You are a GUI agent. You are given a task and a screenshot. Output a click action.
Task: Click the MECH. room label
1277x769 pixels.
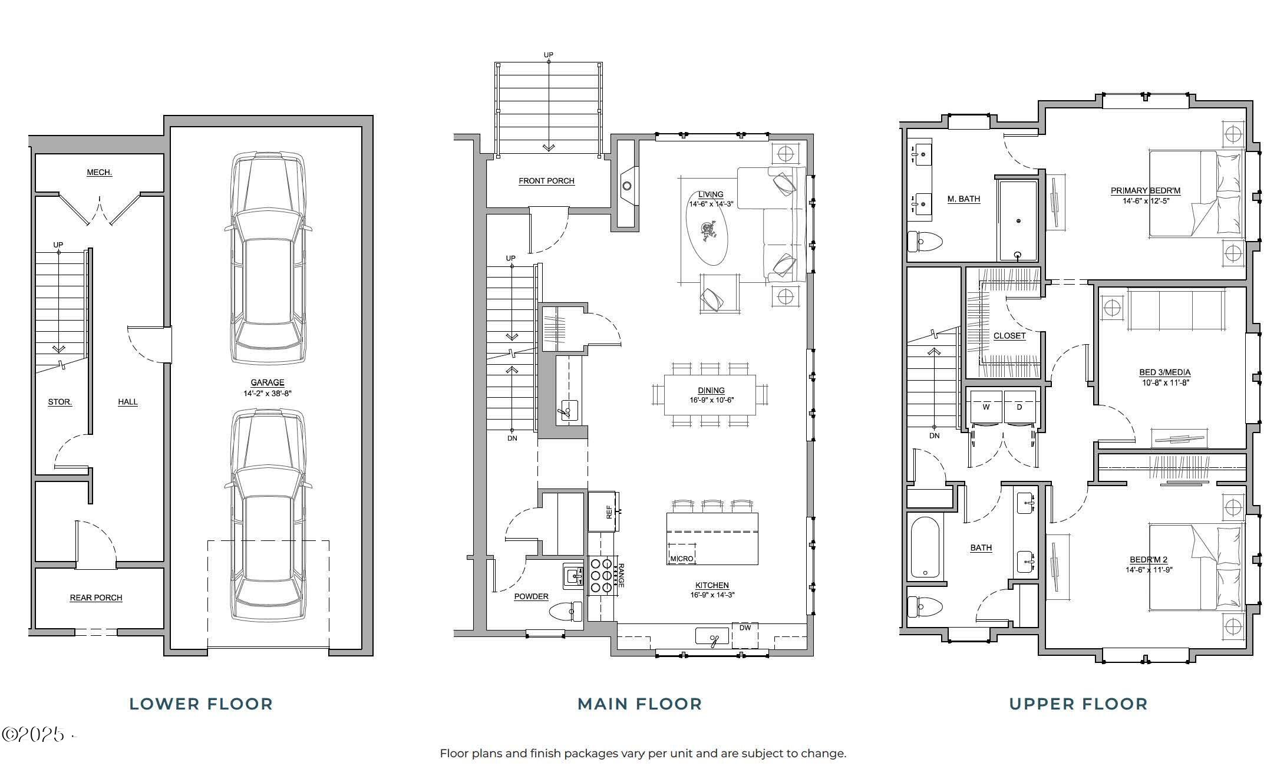tap(99, 173)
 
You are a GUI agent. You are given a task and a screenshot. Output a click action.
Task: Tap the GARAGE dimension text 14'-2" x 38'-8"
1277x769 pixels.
tap(267, 393)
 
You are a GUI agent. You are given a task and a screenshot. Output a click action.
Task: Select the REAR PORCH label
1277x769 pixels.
tap(96, 598)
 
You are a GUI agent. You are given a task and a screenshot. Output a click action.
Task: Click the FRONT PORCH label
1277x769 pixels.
tap(546, 181)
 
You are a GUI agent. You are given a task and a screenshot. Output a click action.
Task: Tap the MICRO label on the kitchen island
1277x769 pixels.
tap(681, 558)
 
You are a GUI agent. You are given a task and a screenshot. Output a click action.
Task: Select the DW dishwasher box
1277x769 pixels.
tap(745, 635)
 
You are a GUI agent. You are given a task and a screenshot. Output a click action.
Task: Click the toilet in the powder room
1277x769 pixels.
tap(564, 612)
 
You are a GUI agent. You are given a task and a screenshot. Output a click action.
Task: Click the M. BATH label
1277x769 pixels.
tap(963, 199)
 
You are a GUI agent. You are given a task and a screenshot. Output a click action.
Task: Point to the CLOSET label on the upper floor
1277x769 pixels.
tap(1009, 335)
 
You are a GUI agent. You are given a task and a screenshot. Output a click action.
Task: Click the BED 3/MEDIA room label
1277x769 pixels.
tap(1164, 372)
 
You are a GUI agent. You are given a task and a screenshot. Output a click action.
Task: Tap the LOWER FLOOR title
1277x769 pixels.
tap(201, 704)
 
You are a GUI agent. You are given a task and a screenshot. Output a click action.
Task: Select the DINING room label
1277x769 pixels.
tap(711, 390)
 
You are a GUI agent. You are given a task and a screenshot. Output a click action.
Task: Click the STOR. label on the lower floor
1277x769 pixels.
tap(60, 402)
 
